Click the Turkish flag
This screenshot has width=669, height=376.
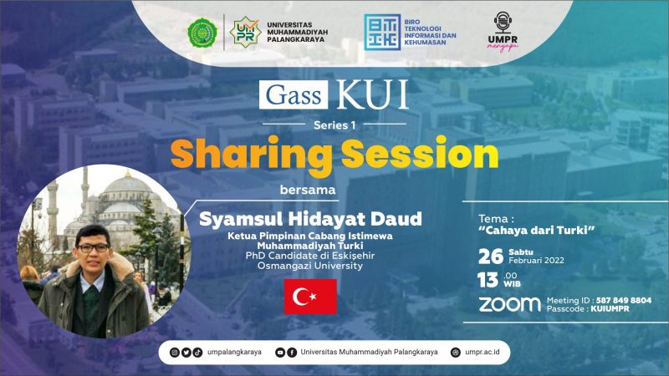pos(310,297)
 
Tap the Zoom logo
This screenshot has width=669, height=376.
pos(509,304)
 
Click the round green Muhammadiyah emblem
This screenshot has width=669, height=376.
pos(202,33)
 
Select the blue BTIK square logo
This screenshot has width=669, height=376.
pos(382,32)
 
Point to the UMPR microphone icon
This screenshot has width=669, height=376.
pos(503,23)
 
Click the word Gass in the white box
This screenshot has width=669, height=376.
pos(294,94)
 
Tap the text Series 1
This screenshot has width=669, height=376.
pos(334,124)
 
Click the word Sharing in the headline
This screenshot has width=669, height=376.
pos(252,155)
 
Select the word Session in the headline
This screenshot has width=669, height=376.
pos(420,153)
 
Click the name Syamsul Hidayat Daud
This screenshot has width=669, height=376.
pos(310,219)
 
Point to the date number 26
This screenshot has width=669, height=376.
pos(491,257)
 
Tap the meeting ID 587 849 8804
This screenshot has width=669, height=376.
pos(624,300)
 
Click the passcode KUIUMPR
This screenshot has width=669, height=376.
pos(610,308)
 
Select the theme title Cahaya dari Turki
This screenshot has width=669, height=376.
pos(537,231)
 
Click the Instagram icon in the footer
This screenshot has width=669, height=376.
pos(175,352)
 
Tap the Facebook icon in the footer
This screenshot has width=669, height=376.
pos(292,352)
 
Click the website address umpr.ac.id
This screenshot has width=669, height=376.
pos(483,352)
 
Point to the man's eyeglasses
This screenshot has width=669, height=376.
pos(93,247)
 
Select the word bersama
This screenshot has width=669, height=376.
pos(308,190)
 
